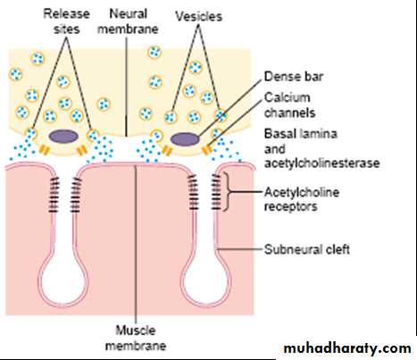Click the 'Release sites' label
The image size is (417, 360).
click(66, 21)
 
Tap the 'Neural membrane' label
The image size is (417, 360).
click(128, 21)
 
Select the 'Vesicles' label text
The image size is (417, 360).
click(199, 16)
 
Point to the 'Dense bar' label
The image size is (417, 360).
click(294, 77)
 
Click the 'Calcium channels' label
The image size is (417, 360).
click(289, 105)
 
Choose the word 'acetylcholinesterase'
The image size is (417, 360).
click(322, 163)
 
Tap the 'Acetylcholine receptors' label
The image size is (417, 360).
click(302, 199)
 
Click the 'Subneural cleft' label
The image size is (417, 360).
click(307, 249)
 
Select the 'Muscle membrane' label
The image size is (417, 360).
click(136, 338)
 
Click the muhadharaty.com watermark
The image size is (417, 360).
click(347, 348)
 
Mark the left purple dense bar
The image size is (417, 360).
click(63, 137)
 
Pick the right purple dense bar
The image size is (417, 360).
click(185, 139)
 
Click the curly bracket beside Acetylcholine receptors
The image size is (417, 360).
click(228, 192)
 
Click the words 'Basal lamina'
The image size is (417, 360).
click(301, 133)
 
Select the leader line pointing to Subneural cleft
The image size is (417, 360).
click(240, 249)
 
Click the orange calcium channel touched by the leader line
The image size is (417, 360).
click(206, 150)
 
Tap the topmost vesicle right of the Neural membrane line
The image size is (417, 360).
click(154, 53)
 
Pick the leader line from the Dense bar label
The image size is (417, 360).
click(229, 107)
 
